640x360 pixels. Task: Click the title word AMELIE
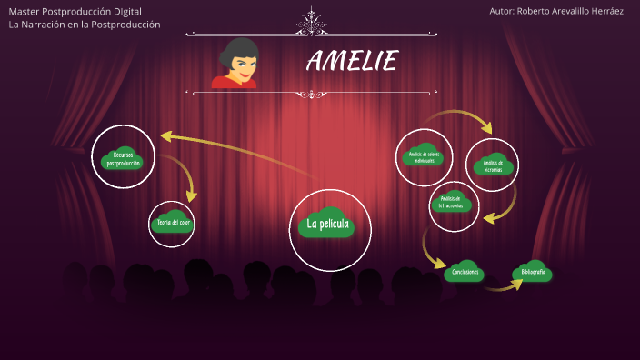[352, 62]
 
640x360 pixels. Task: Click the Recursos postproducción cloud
[124, 158]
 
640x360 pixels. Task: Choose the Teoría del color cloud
[173, 222]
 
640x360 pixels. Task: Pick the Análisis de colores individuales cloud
[425, 156]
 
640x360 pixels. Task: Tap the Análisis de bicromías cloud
[493, 165]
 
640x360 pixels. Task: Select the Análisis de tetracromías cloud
[455, 202]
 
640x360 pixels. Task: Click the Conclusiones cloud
[463, 271]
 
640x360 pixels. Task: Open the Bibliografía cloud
[533, 272]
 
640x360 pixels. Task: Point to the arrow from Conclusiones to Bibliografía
[503, 287]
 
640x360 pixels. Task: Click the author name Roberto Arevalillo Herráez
[555, 11]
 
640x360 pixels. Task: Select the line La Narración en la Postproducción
[84, 25]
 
